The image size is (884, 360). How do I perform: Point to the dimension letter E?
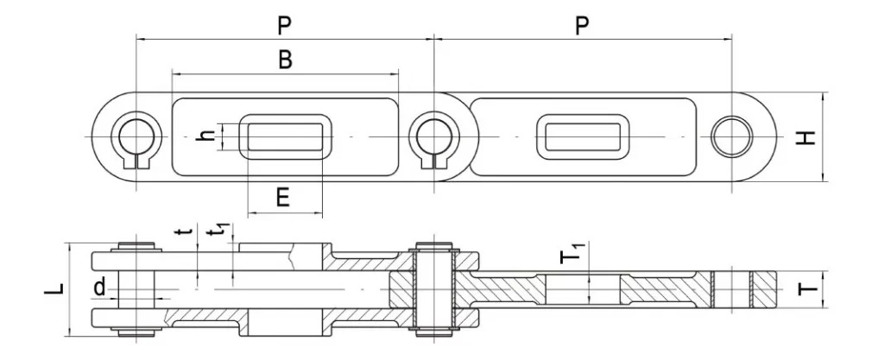pos(282,198)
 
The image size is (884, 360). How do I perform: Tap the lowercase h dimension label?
pos(205,136)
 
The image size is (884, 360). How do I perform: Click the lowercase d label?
pos(100,287)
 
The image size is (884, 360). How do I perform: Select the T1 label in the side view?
pos(572,256)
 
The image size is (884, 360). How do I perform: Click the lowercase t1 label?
pos(221,234)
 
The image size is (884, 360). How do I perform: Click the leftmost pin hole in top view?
pos(136,137)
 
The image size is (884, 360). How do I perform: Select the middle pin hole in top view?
pos(433,137)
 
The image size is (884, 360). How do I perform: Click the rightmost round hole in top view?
pos(730,137)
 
